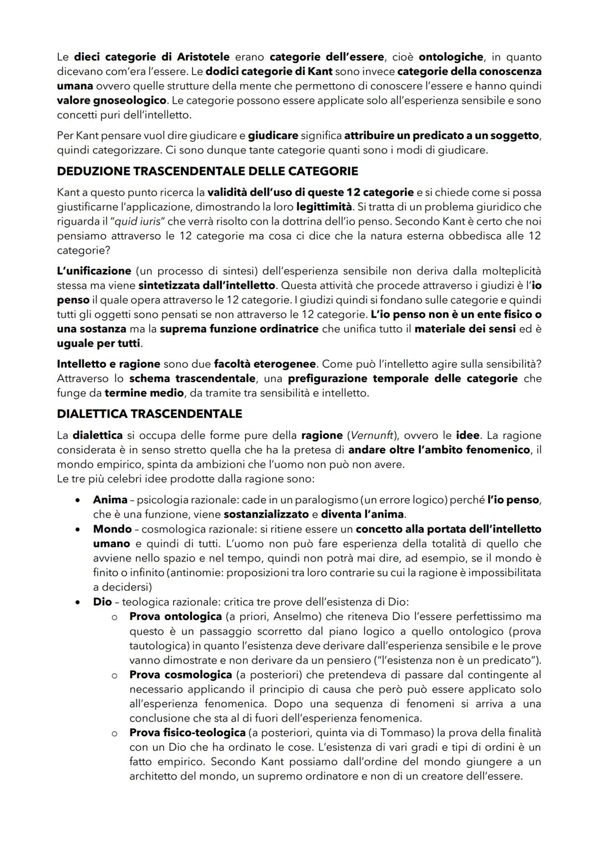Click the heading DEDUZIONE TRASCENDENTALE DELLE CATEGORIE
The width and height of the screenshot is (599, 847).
[207, 171]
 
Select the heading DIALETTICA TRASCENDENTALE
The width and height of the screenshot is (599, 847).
[149, 414]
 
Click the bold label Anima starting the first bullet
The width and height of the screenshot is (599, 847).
[110, 500]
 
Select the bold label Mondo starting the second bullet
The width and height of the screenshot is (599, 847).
[112, 529]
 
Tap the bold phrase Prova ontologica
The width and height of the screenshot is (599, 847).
[175, 616]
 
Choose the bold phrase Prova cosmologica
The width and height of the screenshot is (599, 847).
[180, 675]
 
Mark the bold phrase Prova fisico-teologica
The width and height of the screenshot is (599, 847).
[187, 733]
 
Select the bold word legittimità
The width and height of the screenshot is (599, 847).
[324, 207]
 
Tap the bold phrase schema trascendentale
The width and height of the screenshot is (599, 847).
[192, 379]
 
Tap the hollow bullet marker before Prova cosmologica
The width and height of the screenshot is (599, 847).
[114, 676]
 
